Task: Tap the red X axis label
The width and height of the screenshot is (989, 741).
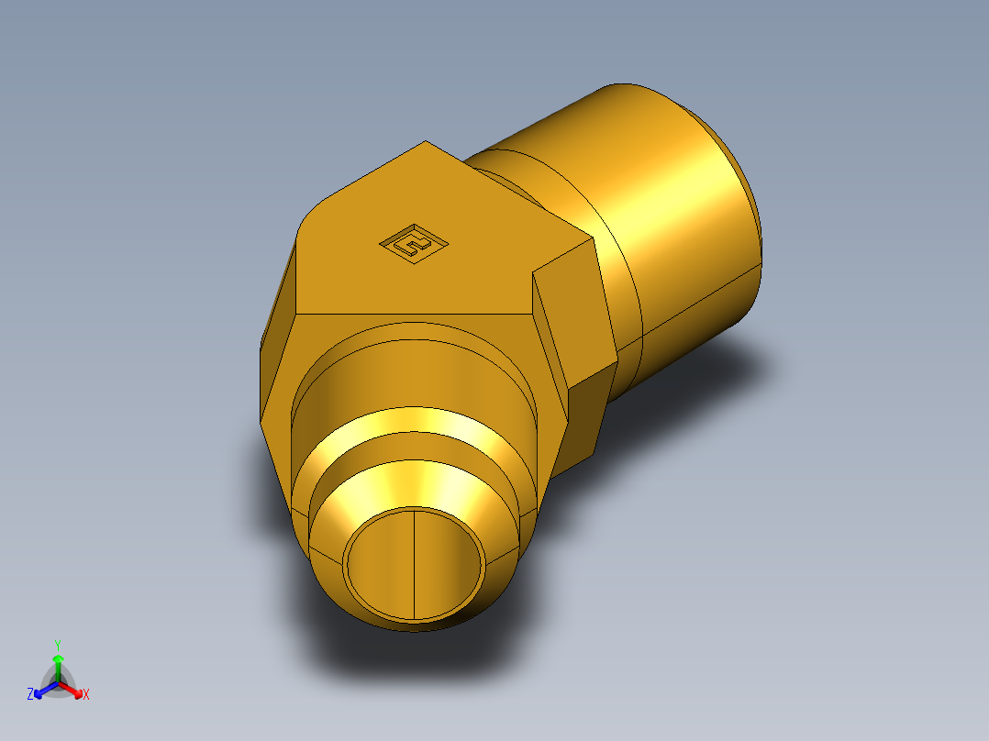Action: coord(86,695)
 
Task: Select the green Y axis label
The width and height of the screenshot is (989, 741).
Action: coord(58,645)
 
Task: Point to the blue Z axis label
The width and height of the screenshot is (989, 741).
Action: coord(30,695)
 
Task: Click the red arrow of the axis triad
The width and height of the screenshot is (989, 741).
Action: coord(75,689)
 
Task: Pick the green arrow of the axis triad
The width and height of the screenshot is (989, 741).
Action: coord(58,662)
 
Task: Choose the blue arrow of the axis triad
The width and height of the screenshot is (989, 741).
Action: coord(42,689)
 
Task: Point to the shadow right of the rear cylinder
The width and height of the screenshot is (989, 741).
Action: coord(734,367)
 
